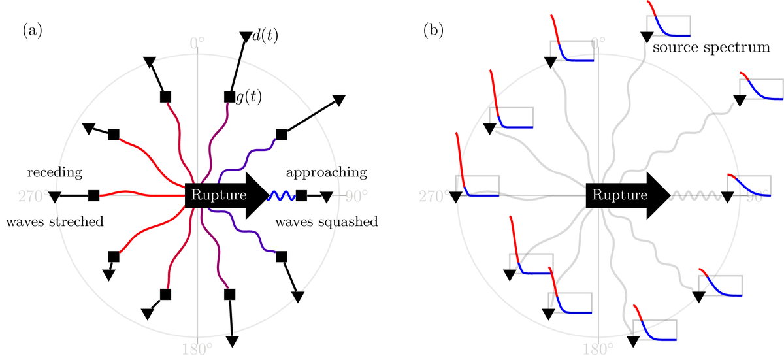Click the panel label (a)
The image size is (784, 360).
pyautogui.click(x=32, y=30)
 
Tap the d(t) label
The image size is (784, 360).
pyautogui.click(x=265, y=36)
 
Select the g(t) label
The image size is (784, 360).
pyautogui.click(x=248, y=97)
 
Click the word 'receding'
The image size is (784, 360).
pyautogui.click(x=54, y=172)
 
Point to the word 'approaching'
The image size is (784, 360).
pyautogui.click(x=327, y=172)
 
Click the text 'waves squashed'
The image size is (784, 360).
pyautogui.click(x=327, y=221)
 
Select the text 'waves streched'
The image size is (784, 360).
pyautogui.click(x=55, y=221)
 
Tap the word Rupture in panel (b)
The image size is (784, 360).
pyautogui.click(x=617, y=195)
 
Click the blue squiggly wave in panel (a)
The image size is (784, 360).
pyautogui.click(x=282, y=195)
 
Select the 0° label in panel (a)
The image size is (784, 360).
pyautogui.click(x=197, y=42)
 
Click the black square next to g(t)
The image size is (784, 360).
pyautogui.click(x=229, y=97)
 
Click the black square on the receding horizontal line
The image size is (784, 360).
pyautogui.click(x=93, y=195)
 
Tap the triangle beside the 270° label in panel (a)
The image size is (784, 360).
pyautogui.click(x=56, y=195)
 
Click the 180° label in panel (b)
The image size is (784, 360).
pyautogui.click(x=597, y=347)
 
